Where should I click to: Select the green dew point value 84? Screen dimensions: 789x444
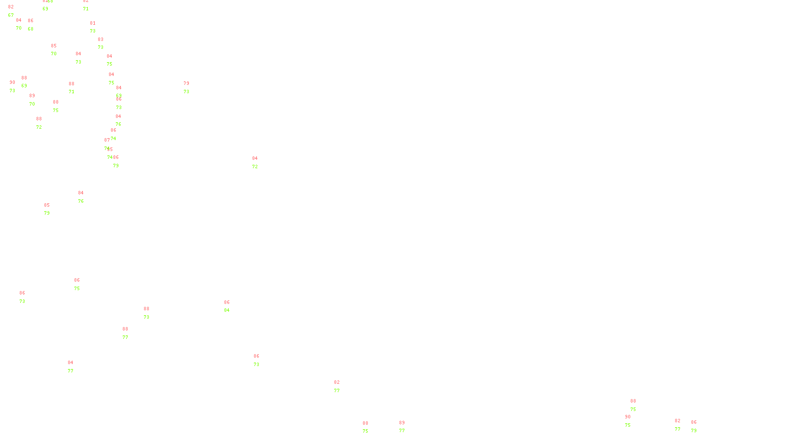[x=227, y=310]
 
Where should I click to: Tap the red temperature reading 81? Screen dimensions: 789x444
[x=93, y=23]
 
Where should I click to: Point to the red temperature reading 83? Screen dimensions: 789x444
[x=101, y=39]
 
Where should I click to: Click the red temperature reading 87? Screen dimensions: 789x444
[x=107, y=140]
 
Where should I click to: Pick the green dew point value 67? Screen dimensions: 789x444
[x=11, y=15]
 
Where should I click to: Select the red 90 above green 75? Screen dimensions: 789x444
[x=628, y=417]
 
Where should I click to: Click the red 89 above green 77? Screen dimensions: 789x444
[x=402, y=423]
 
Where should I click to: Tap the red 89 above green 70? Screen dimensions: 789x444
[x=32, y=96]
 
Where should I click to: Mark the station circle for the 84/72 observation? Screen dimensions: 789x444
[x=260, y=163]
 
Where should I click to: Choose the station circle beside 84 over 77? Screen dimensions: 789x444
[x=75, y=367]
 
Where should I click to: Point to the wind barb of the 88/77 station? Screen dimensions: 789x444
[x=127, y=340]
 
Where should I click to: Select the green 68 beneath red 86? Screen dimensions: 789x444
[x=31, y=29]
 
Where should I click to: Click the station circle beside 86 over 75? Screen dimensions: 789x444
[x=82, y=285]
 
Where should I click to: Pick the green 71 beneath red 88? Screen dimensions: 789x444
[x=72, y=92]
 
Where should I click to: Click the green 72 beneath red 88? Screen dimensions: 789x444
[x=39, y=127]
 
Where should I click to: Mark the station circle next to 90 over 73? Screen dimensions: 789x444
[x=17, y=87]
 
